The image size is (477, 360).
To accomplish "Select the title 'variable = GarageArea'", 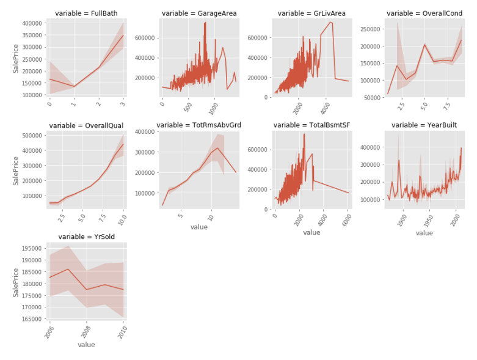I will coord(199,13).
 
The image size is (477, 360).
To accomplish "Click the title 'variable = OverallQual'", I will coord(86,125).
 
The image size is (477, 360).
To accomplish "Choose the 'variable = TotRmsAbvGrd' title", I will coord(199,125).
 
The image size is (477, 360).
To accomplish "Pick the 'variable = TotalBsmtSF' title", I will coord(311,125).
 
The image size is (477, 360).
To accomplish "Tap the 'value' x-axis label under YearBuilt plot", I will coord(424,233).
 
